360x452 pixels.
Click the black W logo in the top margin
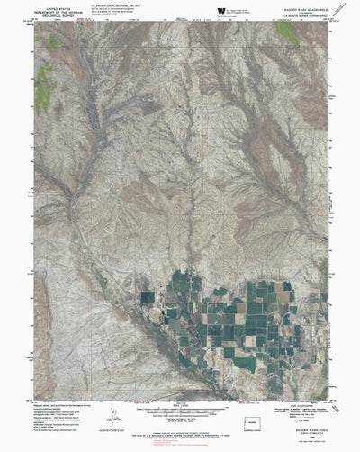pos(221,10)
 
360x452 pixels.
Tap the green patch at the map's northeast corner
pos(287,32)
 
